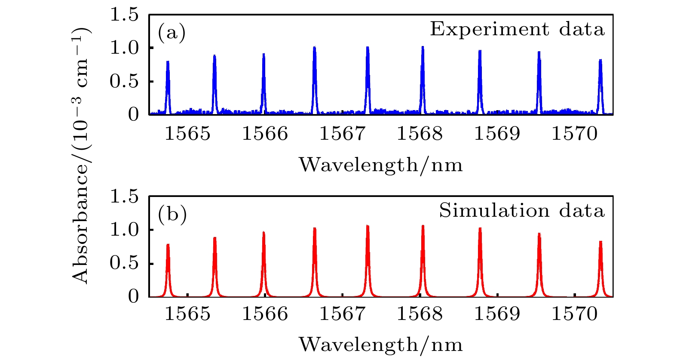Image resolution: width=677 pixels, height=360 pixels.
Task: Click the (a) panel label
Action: [172, 33]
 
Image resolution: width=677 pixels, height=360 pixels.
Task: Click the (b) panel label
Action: [172, 214]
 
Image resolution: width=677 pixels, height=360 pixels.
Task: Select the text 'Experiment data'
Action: [517, 29]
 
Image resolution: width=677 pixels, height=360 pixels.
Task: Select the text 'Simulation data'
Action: [521, 211]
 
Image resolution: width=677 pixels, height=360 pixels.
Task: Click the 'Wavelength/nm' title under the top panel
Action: [380, 165]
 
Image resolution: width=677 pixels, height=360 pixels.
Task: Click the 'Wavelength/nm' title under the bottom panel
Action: [380, 345]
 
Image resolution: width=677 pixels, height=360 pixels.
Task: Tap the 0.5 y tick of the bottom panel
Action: [124, 263]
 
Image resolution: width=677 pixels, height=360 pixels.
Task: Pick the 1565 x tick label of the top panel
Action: [188, 134]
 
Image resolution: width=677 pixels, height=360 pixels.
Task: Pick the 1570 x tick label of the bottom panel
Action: [575, 314]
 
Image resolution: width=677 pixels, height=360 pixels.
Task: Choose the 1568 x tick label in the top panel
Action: [420, 134]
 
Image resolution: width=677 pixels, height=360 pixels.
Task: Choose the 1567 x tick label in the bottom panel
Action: [342, 314]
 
